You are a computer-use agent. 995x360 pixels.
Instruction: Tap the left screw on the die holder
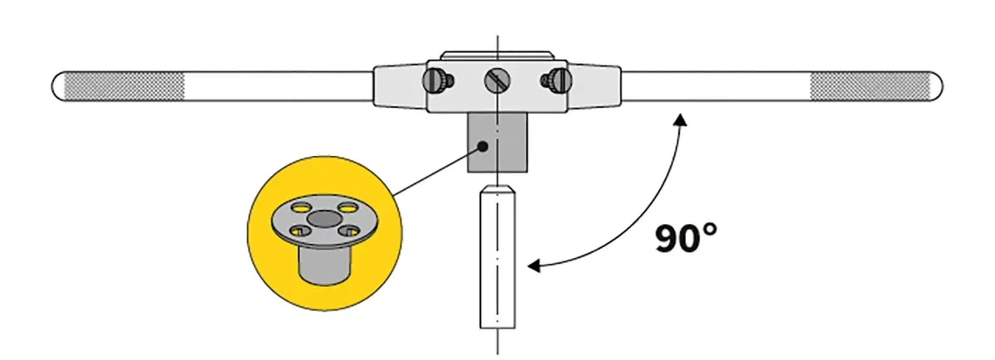click(437, 80)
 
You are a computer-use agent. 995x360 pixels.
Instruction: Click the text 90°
click(685, 238)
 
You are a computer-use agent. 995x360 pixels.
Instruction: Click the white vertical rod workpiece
click(497, 265)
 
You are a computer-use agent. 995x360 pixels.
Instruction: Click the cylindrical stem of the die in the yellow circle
click(323, 264)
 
